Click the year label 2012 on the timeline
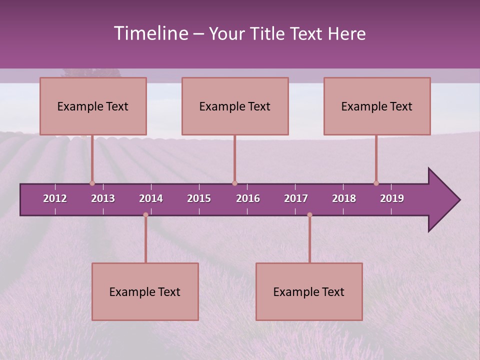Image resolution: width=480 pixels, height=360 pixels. (x=55, y=198)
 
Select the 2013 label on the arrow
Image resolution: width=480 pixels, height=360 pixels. (x=103, y=198)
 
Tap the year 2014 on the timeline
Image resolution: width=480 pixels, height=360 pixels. (x=151, y=198)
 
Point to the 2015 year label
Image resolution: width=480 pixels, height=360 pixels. (x=199, y=198)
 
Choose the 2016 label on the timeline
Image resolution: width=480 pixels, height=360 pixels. (x=248, y=198)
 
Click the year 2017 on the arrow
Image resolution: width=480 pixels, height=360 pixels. (x=296, y=198)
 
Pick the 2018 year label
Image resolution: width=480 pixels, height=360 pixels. (x=344, y=198)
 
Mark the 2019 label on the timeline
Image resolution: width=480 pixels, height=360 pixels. (x=392, y=198)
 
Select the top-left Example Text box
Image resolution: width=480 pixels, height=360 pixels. (x=93, y=106)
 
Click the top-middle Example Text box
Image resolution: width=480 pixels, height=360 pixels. (x=235, y=106)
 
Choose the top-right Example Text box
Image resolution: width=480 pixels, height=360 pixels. (x=377, y=106)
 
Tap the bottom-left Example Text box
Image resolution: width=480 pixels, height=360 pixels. (x=145, y=292)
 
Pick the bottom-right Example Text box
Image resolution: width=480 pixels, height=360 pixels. (x=309, y=292)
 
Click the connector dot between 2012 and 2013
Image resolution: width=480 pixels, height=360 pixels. (x=92, y=183)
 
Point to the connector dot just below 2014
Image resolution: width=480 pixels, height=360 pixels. (x=145, y=215)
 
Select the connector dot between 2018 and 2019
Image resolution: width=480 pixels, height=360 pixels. (x=376, y=183)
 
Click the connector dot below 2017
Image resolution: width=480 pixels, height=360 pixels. (x=309, y=215)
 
